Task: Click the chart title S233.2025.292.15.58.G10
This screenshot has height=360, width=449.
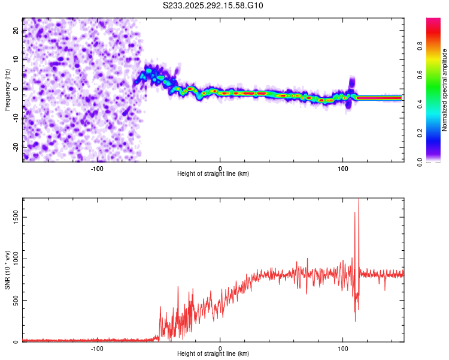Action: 213,6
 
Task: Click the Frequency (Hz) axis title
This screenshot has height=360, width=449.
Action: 7,89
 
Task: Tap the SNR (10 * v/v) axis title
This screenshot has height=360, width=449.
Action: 7,271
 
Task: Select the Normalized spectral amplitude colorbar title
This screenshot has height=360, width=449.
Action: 445,89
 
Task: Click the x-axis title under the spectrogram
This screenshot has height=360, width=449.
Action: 213,174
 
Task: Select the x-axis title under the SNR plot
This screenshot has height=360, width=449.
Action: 213,354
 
